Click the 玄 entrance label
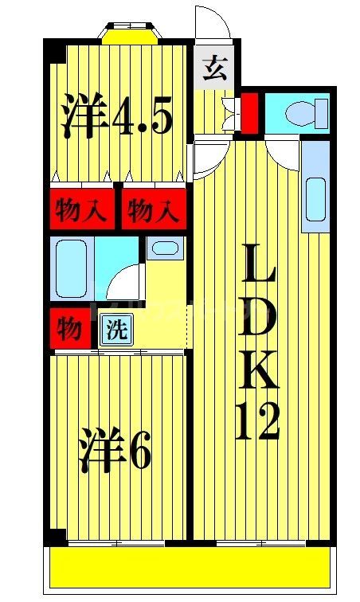point(214,71)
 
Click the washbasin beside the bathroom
point(163,248)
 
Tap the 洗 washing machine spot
point(116,330)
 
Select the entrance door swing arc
point(213,24)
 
